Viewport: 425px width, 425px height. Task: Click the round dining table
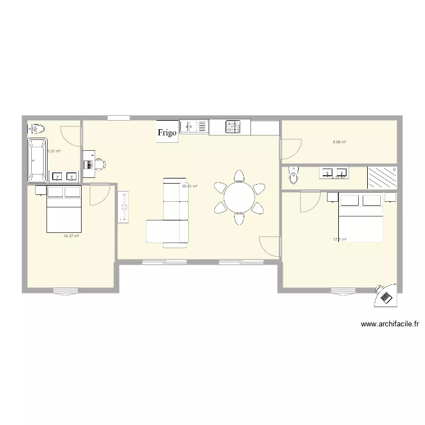[x=240, y=198]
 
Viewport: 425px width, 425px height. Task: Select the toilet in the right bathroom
[x=292, y=176]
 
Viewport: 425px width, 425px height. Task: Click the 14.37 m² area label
[x=71, y=236]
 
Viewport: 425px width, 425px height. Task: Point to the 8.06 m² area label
[x=339, y=143]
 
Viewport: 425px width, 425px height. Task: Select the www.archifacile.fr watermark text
[x=390, y=325]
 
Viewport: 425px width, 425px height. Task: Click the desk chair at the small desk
[x=100, y=164]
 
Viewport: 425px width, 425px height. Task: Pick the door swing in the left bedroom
[x=99, y=195]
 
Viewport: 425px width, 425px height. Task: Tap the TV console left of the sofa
[x=124, y=207]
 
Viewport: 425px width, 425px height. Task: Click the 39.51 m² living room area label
[x=189, y=186]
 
